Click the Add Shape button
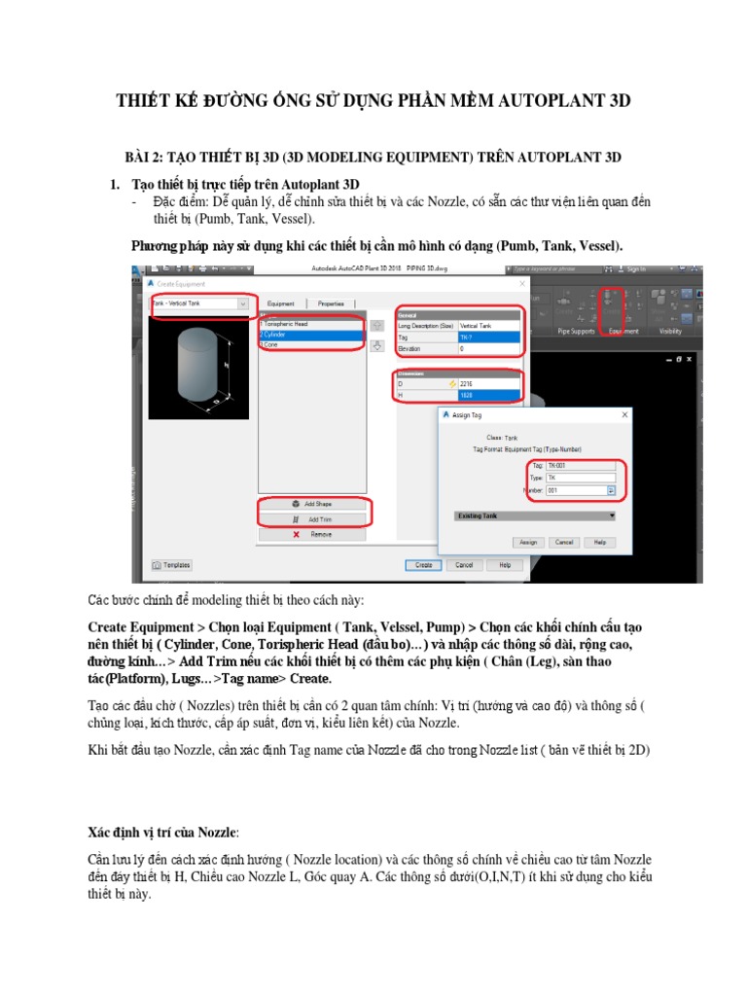tap(311, 505)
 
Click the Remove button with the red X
tap(311, 534)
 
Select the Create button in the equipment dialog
tap(423, 565)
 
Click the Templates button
tap(172, 565)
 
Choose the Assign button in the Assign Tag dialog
tap(528, 542)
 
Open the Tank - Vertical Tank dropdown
tap(200, 303)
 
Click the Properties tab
tap(331, 303)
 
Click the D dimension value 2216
tap(490, 383)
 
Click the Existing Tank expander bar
tap(536, 516)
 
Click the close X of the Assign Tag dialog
tap(623, 414)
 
